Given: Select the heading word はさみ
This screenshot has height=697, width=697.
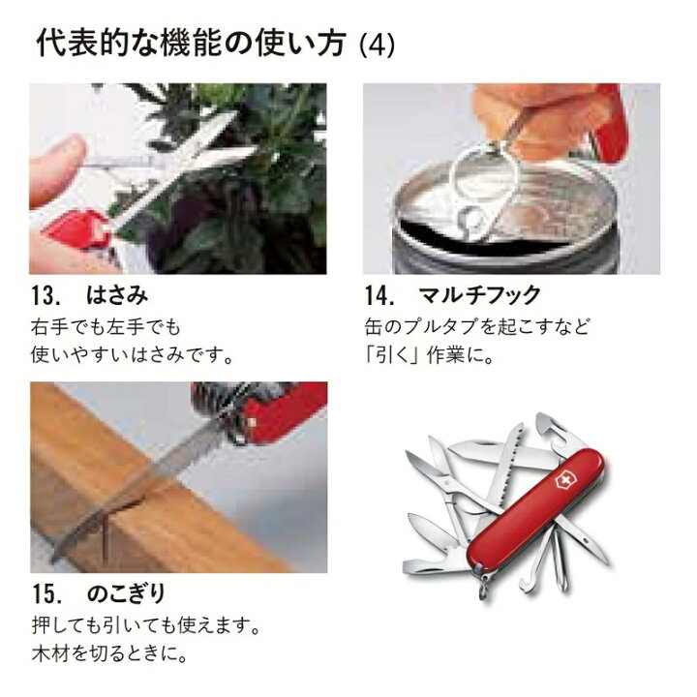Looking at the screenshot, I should (115, 292).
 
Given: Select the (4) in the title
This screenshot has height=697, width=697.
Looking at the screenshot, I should (377, 45).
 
